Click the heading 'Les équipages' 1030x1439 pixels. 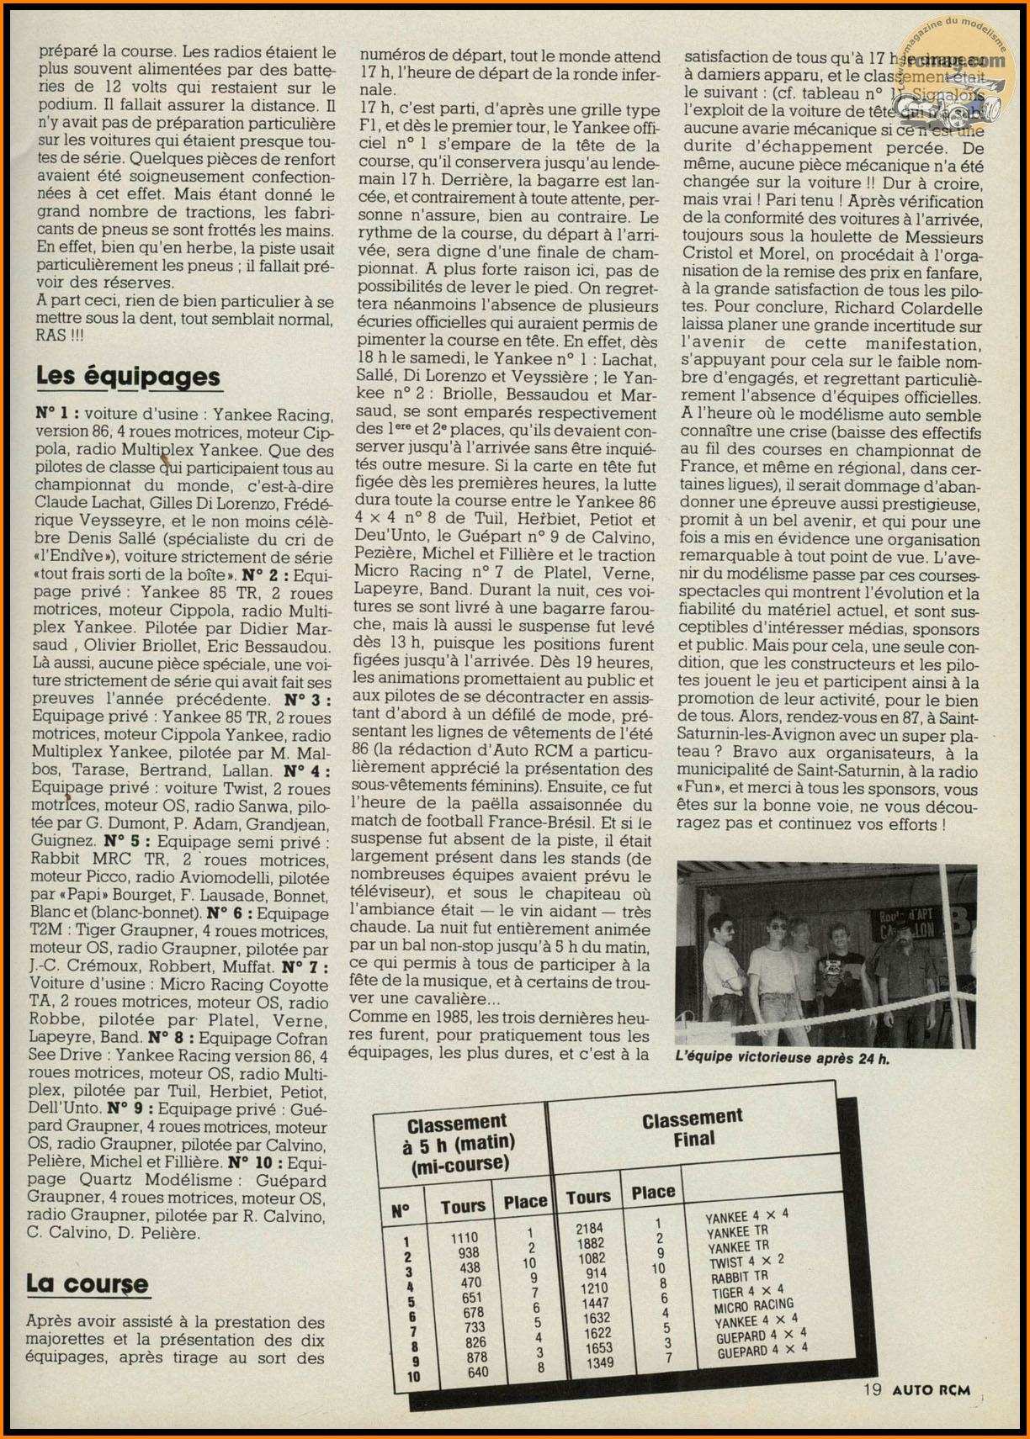pyautogui.click(x=128, y=376)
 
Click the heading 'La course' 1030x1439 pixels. pyautogui.click(x=87, y=1284)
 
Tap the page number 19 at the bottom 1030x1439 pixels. pyautogui.click(x=872, y=1389)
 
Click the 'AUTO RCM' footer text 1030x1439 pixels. pyautogui.click(x=931, y=1390)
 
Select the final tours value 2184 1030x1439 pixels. pyautogui.click(x=589, y=1229)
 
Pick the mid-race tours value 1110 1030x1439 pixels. pyautogui.click(x=464, y=1238)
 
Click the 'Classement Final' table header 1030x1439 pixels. pyautogui.click(x=692, y=1129)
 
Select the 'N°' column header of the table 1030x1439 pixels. pyautogui.click(x=401, y=1210)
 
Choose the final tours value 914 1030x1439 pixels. pyautogui.click(x=596, y=1273)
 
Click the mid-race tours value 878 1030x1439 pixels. pyautogui.click(x=476, y=1357)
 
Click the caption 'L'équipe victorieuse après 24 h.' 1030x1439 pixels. pyautogui.click(x=782, y=1058)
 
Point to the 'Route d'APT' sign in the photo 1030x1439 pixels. pyautogui.click(x=905, y=922)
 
